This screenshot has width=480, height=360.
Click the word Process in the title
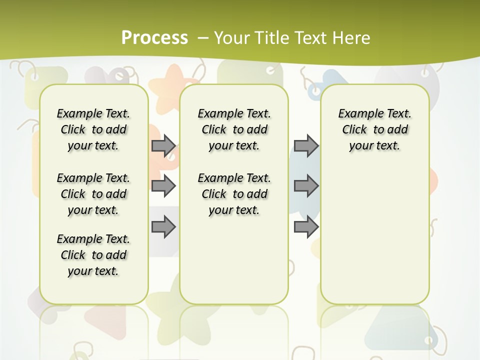click(x=154, y=37)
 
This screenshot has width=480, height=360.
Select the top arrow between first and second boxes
click(x=163, y=145)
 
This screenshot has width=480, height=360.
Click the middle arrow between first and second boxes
click(x=163, y=186)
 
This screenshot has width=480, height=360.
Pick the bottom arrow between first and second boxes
click(x=163, y=227)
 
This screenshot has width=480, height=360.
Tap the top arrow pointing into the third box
click(x=306, y=145)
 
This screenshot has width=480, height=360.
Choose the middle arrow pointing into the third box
click(x=306, y=186)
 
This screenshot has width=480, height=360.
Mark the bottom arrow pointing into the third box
click(x=306, y=227)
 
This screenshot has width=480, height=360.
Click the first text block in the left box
click(x=93, y=129)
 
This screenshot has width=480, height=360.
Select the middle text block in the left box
click(x=93, y=194)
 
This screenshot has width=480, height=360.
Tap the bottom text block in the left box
click(x=93, y=255)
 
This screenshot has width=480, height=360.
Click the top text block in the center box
click(x=234, y=129)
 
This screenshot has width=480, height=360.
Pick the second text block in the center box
click(x=234, y=194)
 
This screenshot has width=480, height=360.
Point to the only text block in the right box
click(x=374, y=129)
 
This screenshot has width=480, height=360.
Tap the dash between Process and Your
click(x=203, y=37)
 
